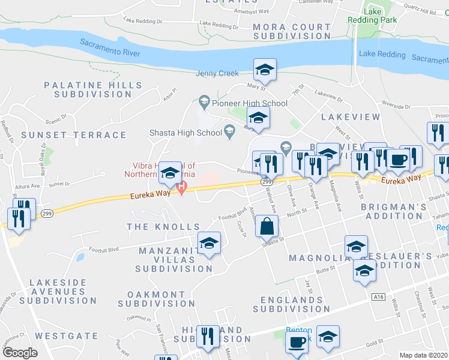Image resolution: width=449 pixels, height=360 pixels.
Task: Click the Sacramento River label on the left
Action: point(110,48)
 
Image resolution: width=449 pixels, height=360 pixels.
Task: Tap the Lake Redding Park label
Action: point(373,16)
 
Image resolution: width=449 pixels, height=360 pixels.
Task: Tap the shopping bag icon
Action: point(267,243)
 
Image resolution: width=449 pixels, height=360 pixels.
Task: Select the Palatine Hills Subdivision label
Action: point(88,90)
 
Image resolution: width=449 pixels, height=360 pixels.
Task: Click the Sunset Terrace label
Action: point(74,135)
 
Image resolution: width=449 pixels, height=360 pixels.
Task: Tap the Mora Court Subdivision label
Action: point(292,31)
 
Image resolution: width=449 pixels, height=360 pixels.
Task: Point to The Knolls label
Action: point(163,227)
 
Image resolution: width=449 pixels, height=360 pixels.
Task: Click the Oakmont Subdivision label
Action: point(157,299)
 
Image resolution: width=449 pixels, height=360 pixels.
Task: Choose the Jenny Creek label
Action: point(217,74)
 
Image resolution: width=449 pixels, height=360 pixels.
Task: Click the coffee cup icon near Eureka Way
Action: point(397,158)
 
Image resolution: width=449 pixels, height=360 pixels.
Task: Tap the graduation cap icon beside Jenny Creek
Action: point(265,70)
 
